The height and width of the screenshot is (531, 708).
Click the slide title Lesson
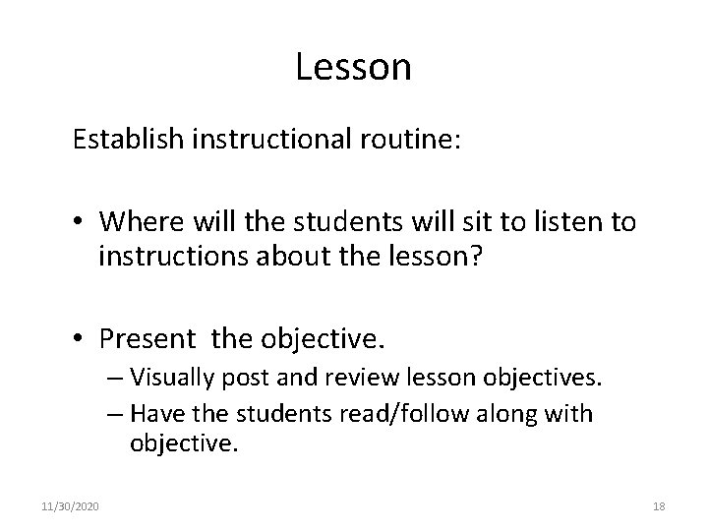(x=353, y=67)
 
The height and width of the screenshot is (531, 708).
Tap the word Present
(x=147, y=339)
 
